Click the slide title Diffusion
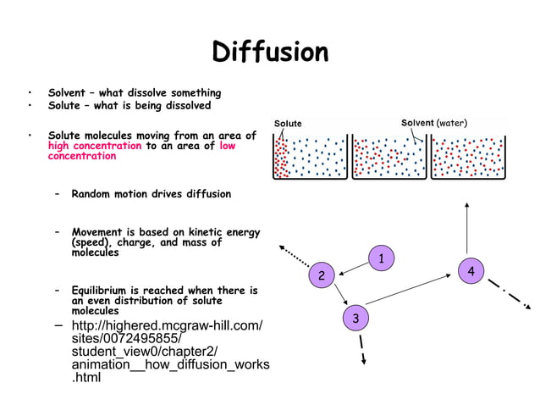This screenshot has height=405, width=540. pyautogui.click(x=270, y=53)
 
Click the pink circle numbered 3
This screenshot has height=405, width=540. pyautogui.click(x=355, y=318)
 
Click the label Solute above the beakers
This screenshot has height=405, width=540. pyautogui.click(x=288, y=124)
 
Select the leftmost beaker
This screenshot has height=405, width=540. pyautogui.click(x=309, y=155)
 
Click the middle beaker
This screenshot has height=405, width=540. pyautogui.click(x=388, y=155)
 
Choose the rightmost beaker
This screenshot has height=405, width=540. pyautogui.click(x=467, y=155)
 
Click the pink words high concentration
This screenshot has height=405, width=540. pyautogui.click(x=95, y=146)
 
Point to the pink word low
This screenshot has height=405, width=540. pyautogui.click(x=227, y=146)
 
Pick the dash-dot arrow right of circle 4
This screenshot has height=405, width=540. pyautogui.click(x=509, y=293)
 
